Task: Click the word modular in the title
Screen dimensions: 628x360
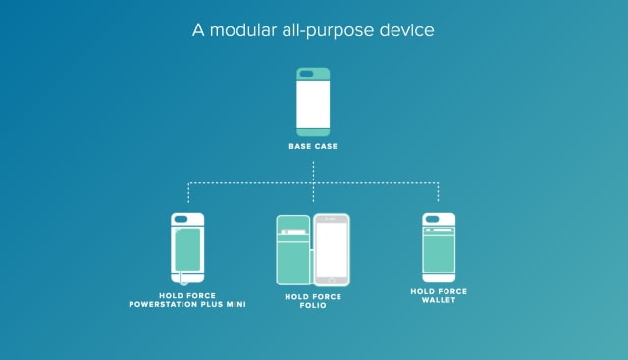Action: (243, 30)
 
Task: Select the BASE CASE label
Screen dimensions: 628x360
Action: (313, 146)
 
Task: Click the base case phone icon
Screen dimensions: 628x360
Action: (313, 102)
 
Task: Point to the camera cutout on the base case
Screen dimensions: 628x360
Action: (306, 74)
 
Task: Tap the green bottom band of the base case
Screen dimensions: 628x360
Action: (313, 132)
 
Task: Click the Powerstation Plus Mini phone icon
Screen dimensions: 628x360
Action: (187, 248)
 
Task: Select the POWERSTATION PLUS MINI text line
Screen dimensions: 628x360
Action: (187, 304)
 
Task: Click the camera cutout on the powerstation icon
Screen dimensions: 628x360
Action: (181, 219)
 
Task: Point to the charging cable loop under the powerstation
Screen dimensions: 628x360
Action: (183, 283)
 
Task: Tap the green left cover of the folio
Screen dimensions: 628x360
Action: (293, 250)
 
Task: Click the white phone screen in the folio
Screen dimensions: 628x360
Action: (332, 249)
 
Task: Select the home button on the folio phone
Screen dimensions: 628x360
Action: (332, 281)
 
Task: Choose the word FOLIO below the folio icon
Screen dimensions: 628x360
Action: (313, 305)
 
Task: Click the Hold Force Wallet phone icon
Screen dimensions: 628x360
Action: (439, 247)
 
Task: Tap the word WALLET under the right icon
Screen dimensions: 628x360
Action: (439, 300)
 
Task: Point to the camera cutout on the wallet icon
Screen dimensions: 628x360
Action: (432, 219)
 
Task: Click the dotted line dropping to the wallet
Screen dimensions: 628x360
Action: (439, 192)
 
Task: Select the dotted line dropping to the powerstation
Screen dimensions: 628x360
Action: (188, 192)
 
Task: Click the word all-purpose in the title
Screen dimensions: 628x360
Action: (328, 30)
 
